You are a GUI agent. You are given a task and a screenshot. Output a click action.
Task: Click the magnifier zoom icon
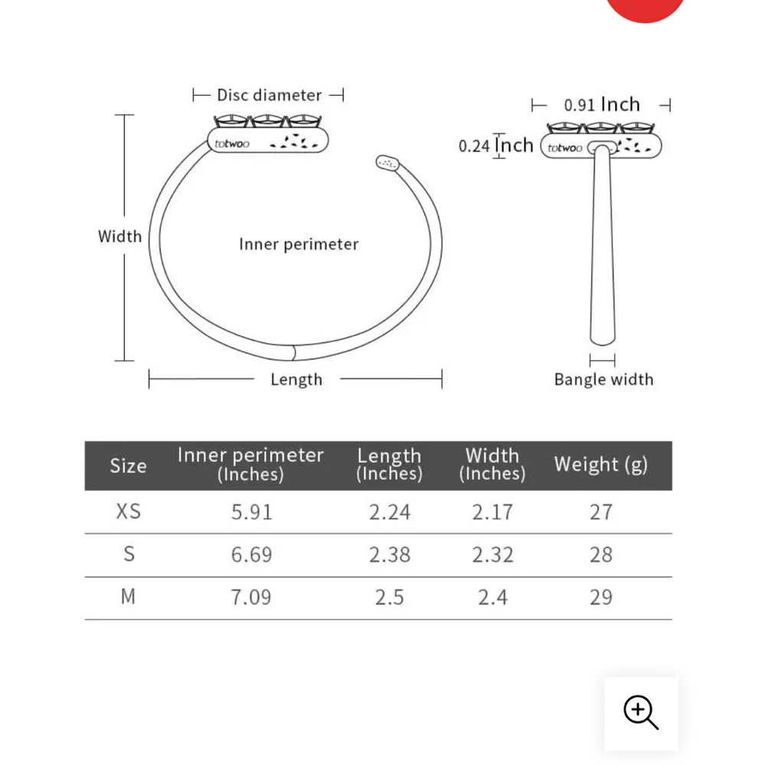pyautogui.click(x=640, y=712)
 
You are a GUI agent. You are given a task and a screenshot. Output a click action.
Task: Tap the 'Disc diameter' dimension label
pyautogui.click(x=269, y=95)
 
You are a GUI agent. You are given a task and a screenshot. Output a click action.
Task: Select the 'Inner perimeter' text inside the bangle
pyautogui.click(x=299, y=244)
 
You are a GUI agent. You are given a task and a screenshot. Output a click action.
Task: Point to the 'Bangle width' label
pyautogui.click(x=604, y=380)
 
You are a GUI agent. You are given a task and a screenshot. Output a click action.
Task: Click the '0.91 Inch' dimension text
pyautogui.click(x=602, y=104)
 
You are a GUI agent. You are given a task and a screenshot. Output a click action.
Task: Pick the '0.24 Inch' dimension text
pyautogui.click(x=496, y=146)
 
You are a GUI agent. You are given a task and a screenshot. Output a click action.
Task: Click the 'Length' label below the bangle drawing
pyautogui.click(x=296, y=380)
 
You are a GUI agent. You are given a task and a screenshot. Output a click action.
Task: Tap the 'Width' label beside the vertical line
pyautogui.click(x=119, y=237)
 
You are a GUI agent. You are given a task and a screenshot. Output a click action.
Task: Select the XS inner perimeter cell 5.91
pyautogui.click(x=251, y=512)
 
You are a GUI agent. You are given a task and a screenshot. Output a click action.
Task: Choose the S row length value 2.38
pyautogui.click(x=389, y=555)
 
